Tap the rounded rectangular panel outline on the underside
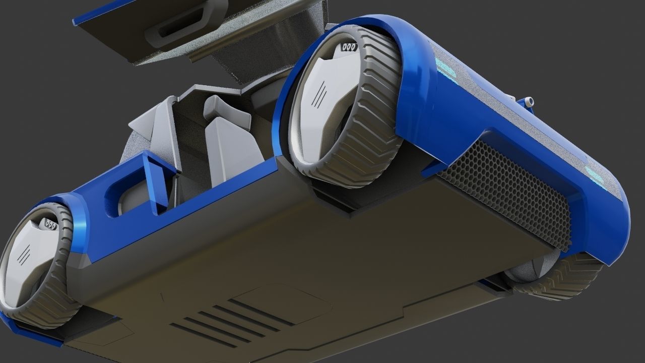click(x=282, y=302)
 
